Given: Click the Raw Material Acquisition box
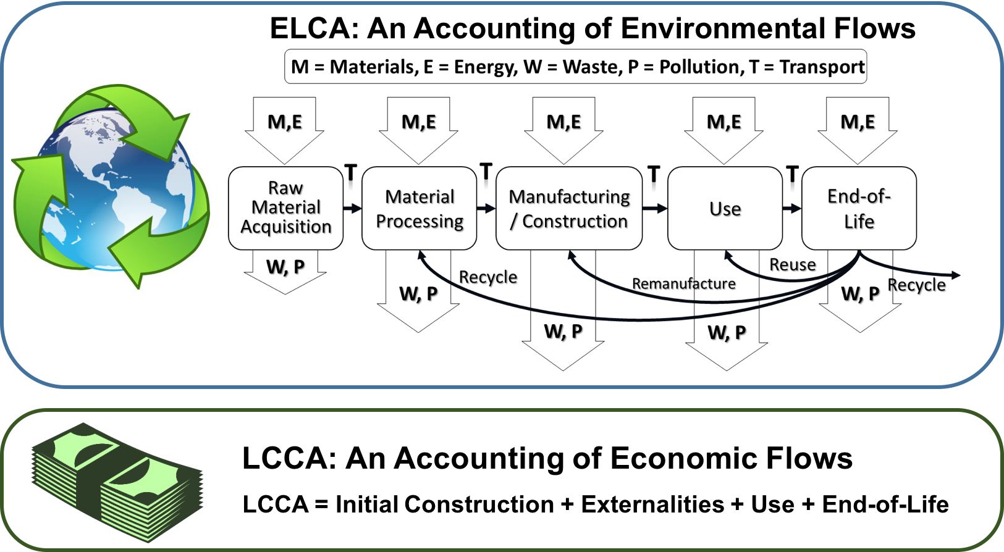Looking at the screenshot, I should tap(285, 208).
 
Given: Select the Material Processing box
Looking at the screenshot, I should tap(420, 209).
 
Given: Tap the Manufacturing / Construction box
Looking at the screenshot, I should tap(569, 209).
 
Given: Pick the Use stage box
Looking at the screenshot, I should tap(725, 209).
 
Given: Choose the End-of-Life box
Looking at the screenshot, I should tap(859, 209).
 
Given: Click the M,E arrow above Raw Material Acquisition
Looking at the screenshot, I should tap(285, 123).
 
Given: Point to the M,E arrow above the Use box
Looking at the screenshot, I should tap(724, 123).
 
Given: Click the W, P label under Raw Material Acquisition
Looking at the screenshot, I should tap(285, 267).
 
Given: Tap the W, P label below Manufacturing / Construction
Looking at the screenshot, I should tap(563, 332).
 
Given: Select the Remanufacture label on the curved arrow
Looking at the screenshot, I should tap(684, 284).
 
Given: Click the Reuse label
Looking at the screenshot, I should tap(792, 265).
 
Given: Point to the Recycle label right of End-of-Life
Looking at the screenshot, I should tap(917, 285).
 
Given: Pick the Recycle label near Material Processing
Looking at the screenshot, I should tap(488, 277).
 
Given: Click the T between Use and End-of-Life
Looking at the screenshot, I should tap(793, 174).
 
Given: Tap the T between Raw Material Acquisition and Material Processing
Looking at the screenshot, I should tap(351, 172).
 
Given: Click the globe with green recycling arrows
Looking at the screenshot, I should tap(111, 185).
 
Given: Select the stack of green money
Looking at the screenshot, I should tap(117, 482).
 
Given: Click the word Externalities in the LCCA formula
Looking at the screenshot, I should tap(652, 504).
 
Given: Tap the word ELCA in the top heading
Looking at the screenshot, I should tap(314, 28).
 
